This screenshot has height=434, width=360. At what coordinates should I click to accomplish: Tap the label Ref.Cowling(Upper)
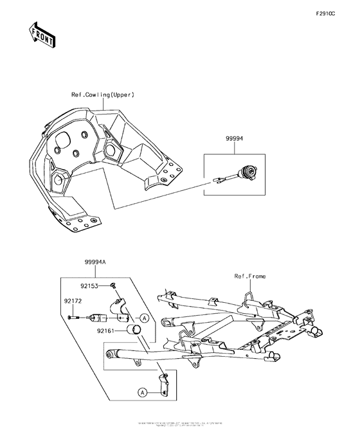(102, 95)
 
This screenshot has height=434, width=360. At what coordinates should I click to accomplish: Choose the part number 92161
(107, 332)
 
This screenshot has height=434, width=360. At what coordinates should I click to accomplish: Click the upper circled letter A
(145, 318)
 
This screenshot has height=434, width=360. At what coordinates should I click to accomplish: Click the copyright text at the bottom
(180, 424)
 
